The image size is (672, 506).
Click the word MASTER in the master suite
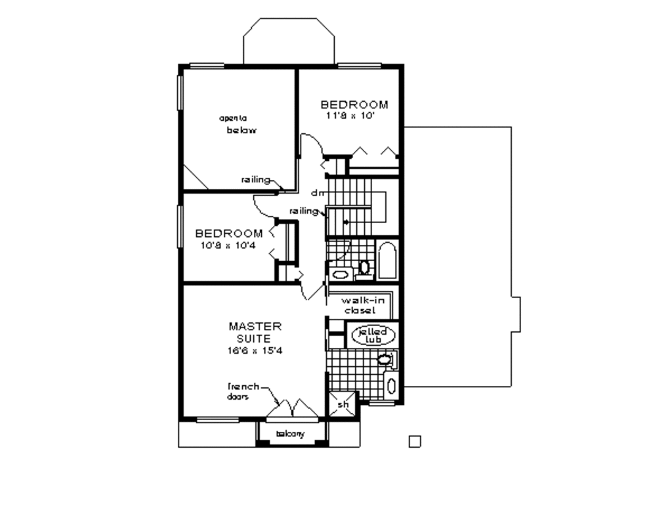pyautogui.click(x=255, y=326)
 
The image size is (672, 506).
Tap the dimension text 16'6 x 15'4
pyautogui.click(x=256, y=350)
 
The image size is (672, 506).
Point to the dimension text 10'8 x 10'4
pyautogui.click(x=228, y=245)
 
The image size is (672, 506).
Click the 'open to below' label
pyautogui.click(x=238, y=124)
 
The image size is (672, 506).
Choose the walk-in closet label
pyautogui.click(x=360, y=305)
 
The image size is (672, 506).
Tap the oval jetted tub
pyautogui.click(x=374, y=335)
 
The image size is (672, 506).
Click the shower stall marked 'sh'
pyautogui.click(x=343, y=405)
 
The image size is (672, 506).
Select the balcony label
pyautogui.click(x=291, y=434)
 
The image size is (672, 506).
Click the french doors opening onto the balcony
pyautogui.click(x=293, y=408)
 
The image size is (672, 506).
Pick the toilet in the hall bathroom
pyautogui.click(x=364, y=267)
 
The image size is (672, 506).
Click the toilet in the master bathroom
pyautogui.click(x=385, y=359)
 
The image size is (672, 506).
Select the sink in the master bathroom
pyautogui.click(x=392, y=385)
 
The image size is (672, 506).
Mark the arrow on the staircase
pyautogui.click(x=346, y=222)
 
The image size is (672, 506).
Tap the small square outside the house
pyautogui.click(x=414, y=441)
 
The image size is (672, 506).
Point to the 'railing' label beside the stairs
pyautogui.click(x=303, y=211)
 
